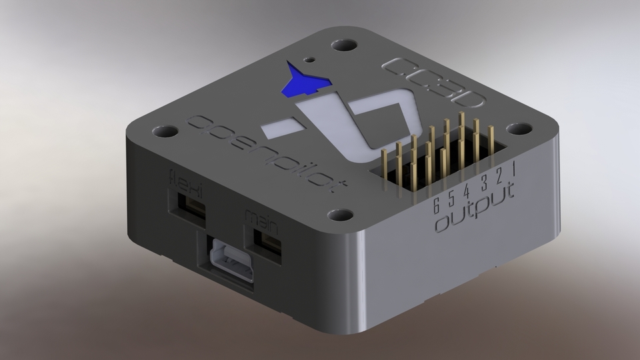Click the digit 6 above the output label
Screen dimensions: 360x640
pyautogui.click(x=436, y=204)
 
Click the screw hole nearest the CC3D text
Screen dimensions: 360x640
pyautogui.click(x=345, y=46)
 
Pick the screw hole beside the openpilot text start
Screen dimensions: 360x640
pyautogui.click(x=165, y=131)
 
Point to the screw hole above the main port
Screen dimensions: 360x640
pyautogui.click(x=341, y=215)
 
